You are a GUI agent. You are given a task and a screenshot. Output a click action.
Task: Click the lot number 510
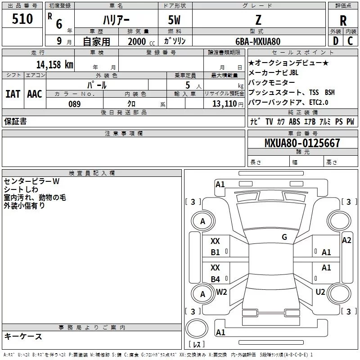22,18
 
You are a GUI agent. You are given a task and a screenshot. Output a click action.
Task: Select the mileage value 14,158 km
55,64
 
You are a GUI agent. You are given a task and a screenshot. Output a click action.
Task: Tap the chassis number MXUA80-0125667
302,143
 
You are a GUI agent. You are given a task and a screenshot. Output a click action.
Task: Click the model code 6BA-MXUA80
258,41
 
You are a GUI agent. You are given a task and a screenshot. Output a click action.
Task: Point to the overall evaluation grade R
343,21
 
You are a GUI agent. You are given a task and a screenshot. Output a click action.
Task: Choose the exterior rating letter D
336,41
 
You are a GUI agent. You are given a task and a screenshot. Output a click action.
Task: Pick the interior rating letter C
350,41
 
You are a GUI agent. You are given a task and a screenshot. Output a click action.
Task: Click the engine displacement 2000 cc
141,41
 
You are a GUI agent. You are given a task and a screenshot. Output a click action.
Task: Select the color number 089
75,104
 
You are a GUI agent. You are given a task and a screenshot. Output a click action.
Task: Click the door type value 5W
174,20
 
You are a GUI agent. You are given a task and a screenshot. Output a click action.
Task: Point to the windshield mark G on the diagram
284,237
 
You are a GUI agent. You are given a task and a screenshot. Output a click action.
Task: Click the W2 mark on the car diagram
221,292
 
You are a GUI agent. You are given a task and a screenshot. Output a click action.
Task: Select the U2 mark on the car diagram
320,292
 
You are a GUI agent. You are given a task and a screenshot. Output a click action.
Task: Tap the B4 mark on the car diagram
216,279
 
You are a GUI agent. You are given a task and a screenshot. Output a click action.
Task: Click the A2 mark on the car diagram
346,240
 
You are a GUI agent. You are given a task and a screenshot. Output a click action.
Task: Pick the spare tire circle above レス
197,328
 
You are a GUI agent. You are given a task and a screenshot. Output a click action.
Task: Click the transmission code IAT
13,94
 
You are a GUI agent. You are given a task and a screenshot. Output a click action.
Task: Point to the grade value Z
258,20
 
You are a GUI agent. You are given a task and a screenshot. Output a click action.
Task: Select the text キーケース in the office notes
23,336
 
